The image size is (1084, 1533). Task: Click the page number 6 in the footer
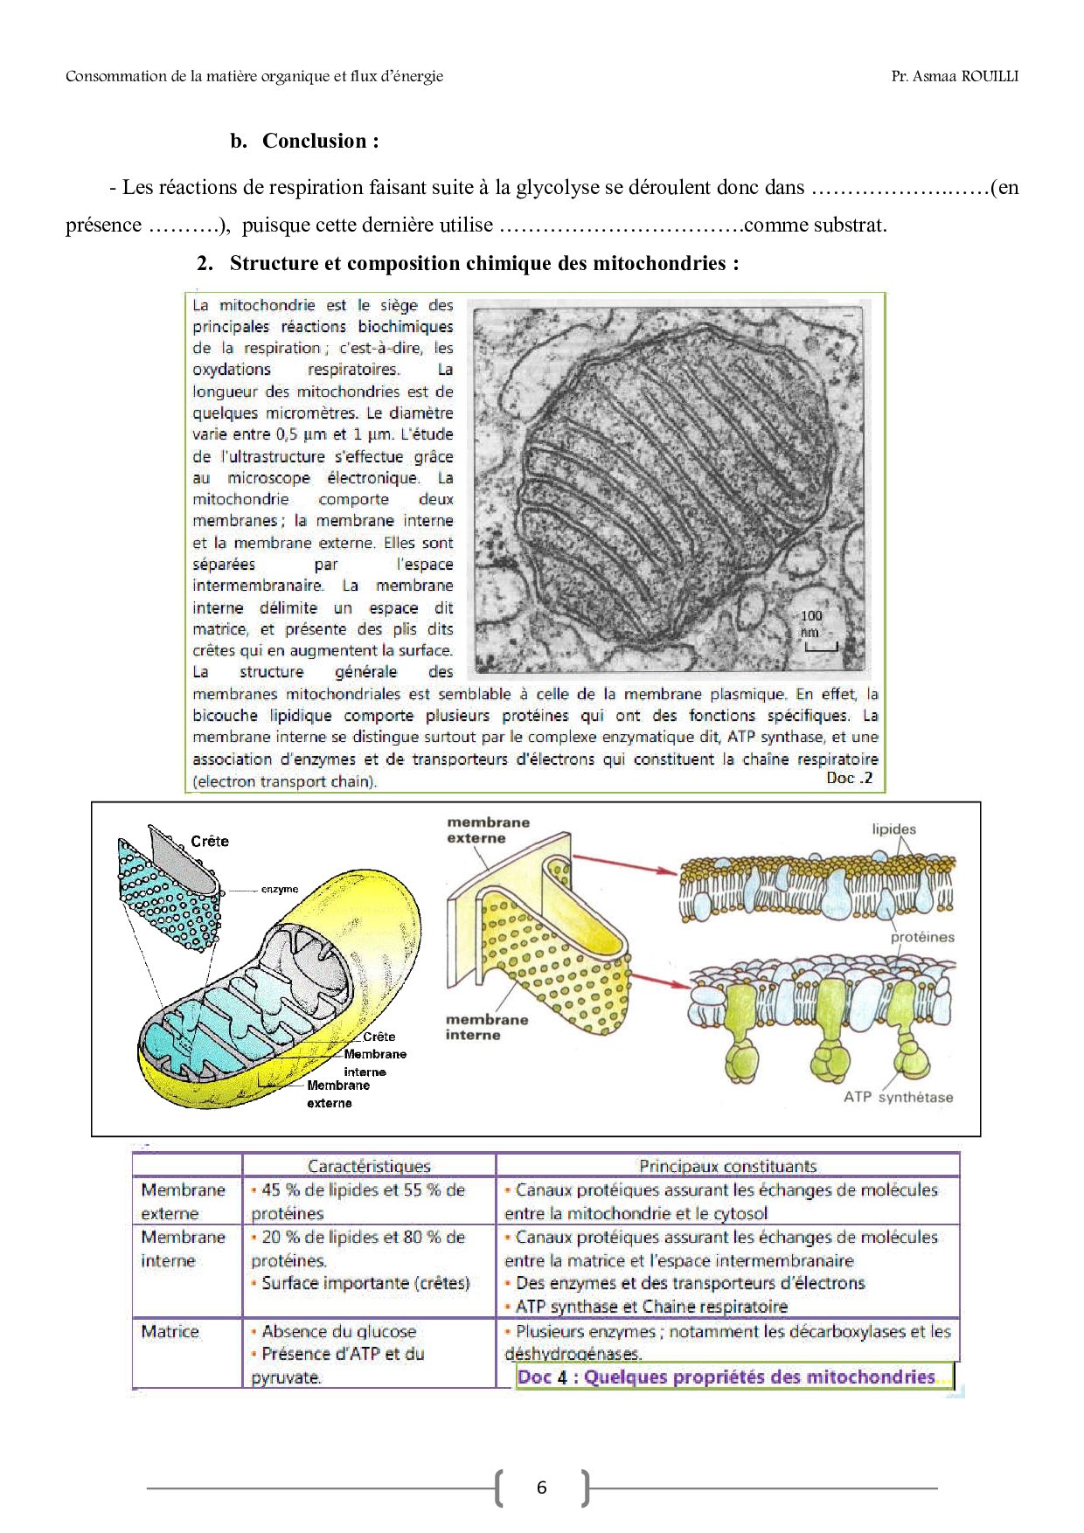click(542, 1488)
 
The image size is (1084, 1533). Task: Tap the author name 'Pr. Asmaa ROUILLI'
click(955, 76)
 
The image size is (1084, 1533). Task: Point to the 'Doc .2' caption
click(849, 778)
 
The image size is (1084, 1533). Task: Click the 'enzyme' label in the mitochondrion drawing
click(280, 889)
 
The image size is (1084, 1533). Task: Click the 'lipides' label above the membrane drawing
click(893, 829)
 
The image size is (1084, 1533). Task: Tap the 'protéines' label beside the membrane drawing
click(922, 937)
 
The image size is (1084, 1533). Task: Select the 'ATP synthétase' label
click(898, 1097)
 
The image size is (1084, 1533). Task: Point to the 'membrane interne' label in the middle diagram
click(486, 1027)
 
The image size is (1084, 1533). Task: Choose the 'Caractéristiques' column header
click(369, 1166)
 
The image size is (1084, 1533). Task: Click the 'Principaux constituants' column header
click(727, 1166)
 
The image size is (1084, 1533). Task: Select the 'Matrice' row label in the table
click(170, 1331)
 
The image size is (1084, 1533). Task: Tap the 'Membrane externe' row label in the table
click(183, 1202)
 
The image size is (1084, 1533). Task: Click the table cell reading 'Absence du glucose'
click(338, 1331)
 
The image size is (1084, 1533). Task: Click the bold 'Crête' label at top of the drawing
click(210, 841)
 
